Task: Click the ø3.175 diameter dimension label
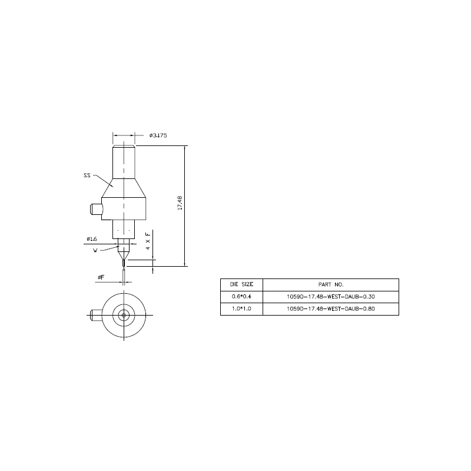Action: click(158, 135)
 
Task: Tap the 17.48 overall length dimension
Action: click(180, 203)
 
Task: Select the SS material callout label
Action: click(87, 175)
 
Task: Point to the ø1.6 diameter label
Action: click(92, 239)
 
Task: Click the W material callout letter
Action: click(95, 251)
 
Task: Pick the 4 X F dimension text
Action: click(148, 241)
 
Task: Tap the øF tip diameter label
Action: click(101, 277)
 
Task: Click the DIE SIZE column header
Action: click(241, 284)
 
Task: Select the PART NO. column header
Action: click(331, 284)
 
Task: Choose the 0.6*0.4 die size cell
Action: click(241, 297)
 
